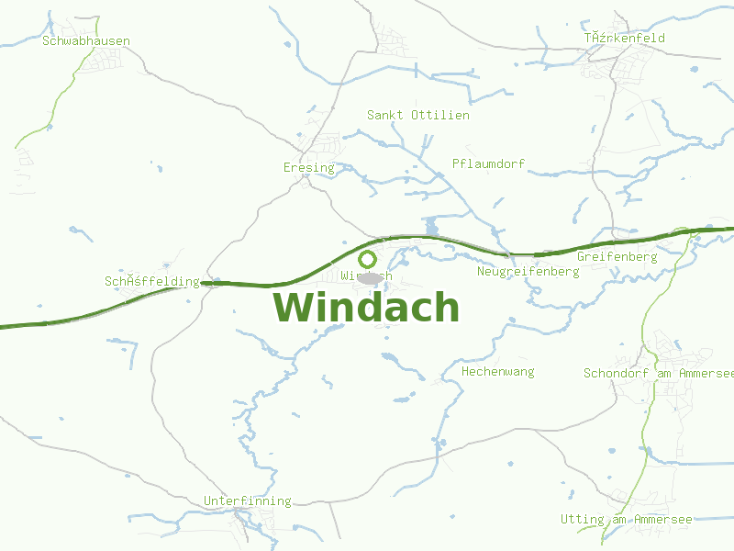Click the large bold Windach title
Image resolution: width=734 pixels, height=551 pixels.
pos(366,307)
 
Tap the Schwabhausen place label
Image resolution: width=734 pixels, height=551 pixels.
pos(86,41)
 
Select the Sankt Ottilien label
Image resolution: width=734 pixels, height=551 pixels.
pos(417,115)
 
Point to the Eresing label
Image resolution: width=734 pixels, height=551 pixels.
pos(309,168)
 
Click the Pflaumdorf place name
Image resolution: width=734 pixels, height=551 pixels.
pos(488,163)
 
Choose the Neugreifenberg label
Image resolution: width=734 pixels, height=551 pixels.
pos(528,272)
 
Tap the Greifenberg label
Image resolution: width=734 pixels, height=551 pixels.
pos(617,257)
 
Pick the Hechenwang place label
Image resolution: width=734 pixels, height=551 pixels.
pos(497,372)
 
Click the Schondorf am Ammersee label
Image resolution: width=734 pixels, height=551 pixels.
pos(658,373)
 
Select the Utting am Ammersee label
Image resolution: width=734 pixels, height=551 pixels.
pos(626,520)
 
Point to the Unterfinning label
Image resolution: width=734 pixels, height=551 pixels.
pos(247,500)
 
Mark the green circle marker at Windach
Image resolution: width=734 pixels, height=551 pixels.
pos(367,259)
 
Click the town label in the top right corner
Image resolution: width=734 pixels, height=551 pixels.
pos(624,38)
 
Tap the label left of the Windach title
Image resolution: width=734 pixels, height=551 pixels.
pos(151,281)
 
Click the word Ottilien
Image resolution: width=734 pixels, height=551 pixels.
pos(440,115)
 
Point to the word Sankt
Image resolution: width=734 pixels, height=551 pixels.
pos(384,115)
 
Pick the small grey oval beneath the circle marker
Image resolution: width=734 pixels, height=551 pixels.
pos(369,277)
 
